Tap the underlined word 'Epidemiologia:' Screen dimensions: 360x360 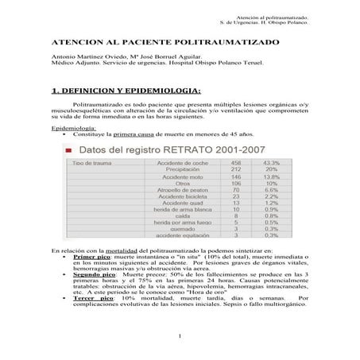(72, 127)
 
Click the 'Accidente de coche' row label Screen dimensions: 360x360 (162, 161)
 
